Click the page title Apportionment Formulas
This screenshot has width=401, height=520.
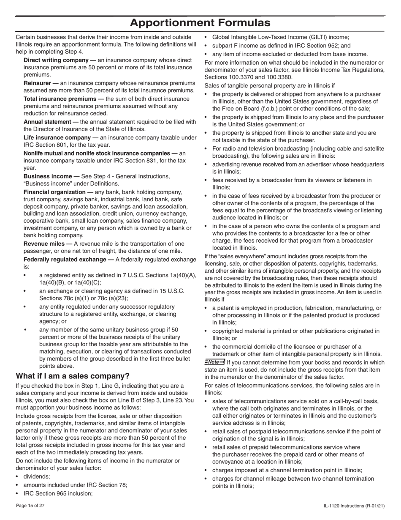(200, 22)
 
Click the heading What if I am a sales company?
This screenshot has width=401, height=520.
(72, 376)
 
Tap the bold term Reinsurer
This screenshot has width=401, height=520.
(41, 83)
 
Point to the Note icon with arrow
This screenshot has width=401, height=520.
(215, 362)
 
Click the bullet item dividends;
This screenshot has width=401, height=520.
(36, 476)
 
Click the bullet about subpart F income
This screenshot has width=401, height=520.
(281, 46)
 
